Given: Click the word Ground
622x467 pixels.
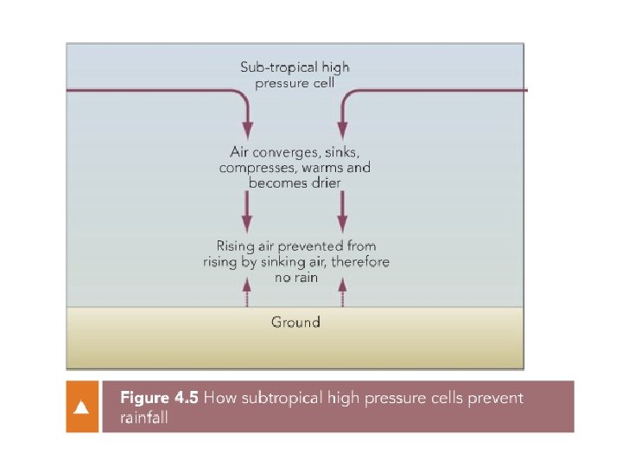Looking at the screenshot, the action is (x=295, y=322).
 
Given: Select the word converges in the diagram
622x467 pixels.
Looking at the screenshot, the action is (x=289, y=151).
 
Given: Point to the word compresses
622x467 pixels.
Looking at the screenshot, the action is (x=257, y=167).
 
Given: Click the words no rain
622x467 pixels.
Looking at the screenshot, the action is (x=295, y=278).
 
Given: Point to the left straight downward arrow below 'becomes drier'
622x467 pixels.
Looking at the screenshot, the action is (x=247, y=210).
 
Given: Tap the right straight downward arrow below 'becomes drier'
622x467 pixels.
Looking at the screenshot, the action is (x=343, y=210).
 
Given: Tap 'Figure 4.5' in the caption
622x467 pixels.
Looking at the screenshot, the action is (x=159, y=398).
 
